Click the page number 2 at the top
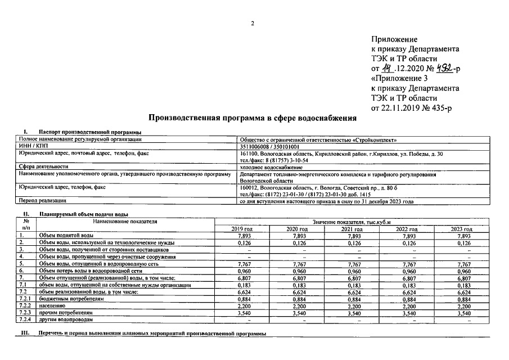point(253,23)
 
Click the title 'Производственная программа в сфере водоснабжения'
point(253,118)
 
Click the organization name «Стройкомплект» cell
point(318,139)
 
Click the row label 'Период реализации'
point(43,200)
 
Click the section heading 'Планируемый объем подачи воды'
point(84,214)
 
